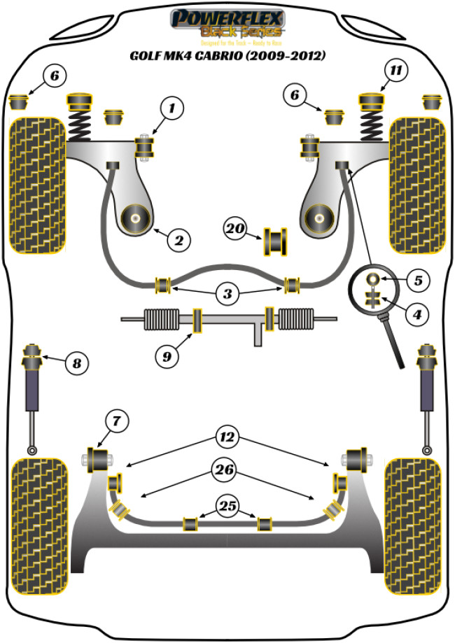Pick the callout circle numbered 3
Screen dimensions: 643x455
click(x=227, y=295)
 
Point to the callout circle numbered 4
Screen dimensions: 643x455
click(x=417, y=315)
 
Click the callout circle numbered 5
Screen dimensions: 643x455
click(x=417, y=281)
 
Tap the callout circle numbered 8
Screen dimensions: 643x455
click(x=76, y=363)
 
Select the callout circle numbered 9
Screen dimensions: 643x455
click(x=167, y=358)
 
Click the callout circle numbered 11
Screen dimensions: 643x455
click(x=397, y=71)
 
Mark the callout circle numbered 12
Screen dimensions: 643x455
click(x=227, y=439)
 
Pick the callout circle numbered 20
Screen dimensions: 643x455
click(x=236, y=227)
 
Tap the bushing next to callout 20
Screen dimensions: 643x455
click(x=276, y=241)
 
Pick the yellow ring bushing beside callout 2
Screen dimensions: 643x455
click(x=134, y=219)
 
